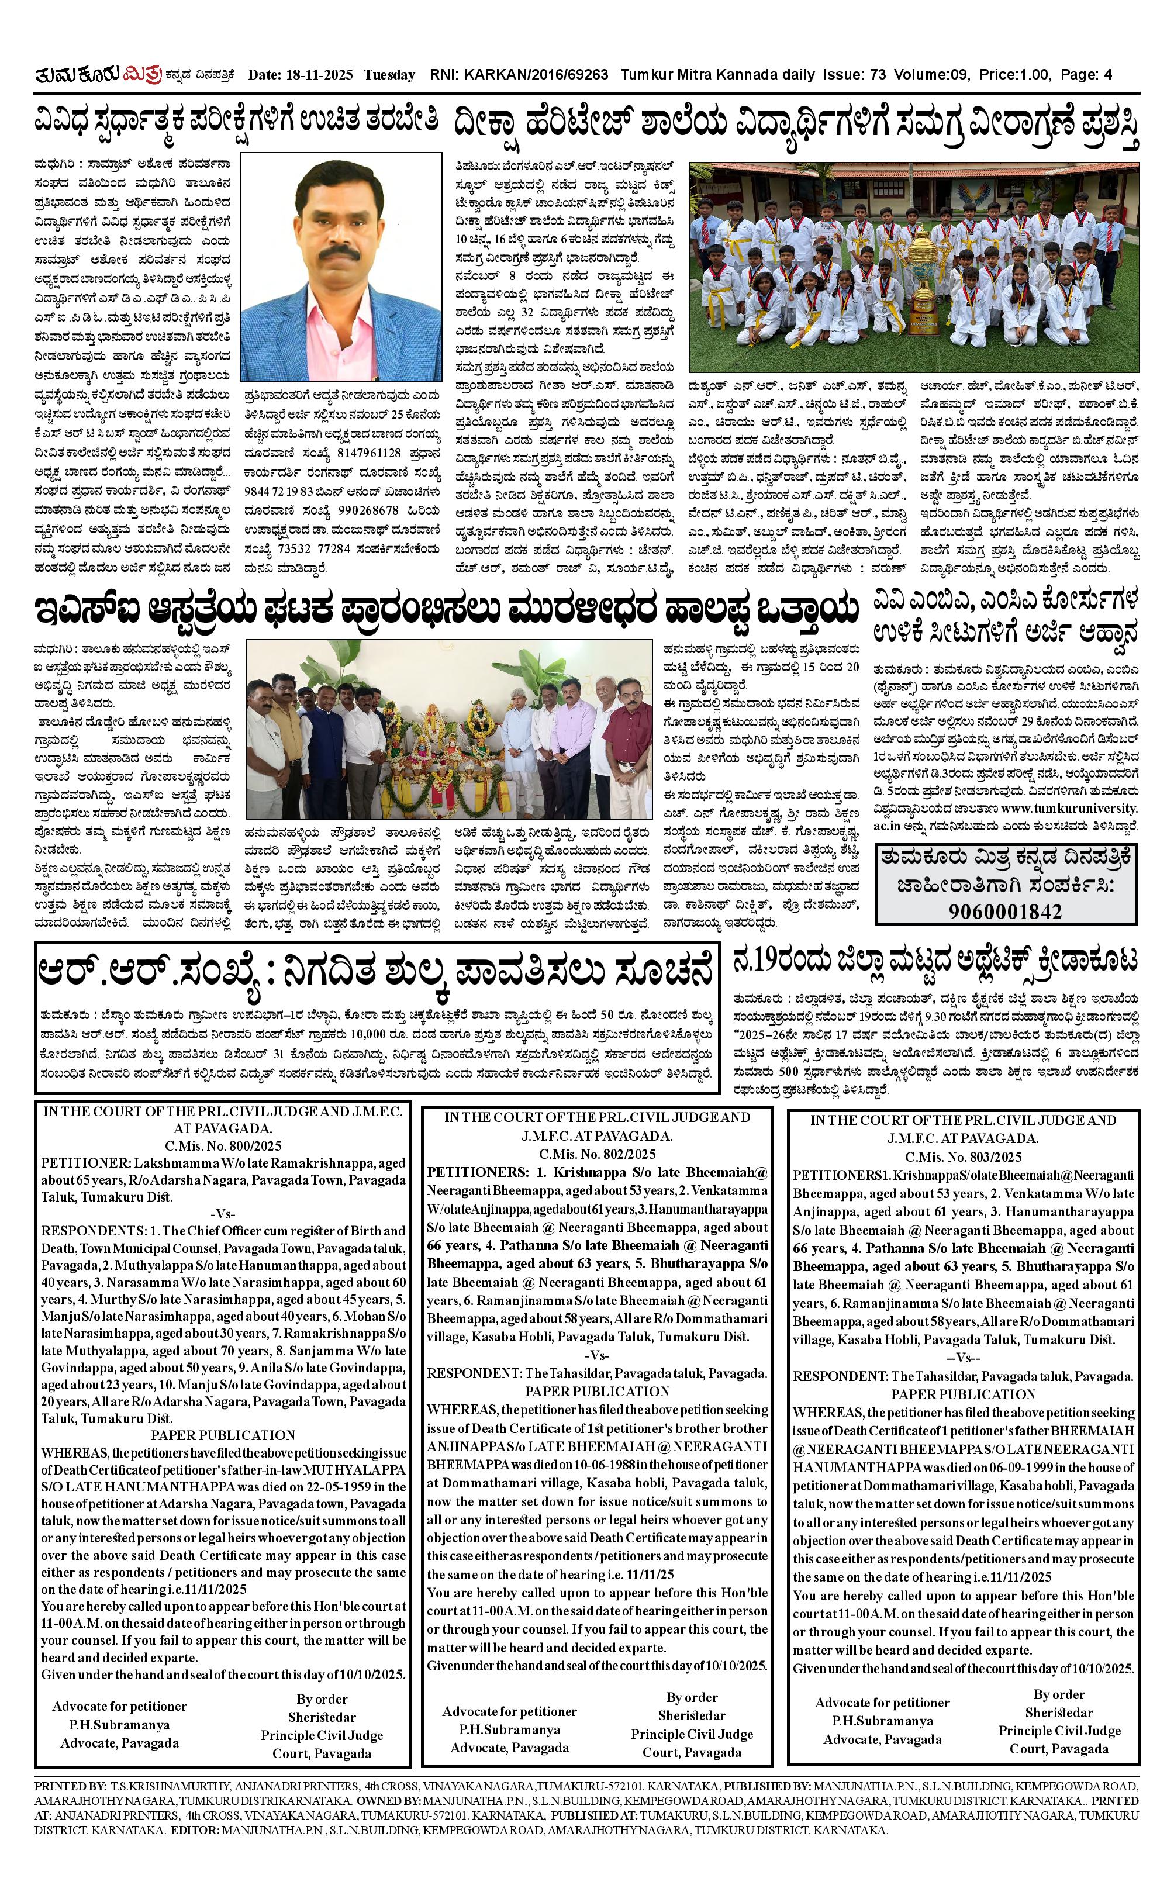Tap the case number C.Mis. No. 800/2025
point(223,1145)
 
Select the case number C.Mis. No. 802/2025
point(597,1154)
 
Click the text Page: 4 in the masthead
point(1086,75)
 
